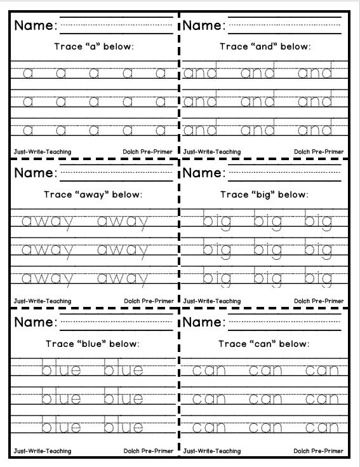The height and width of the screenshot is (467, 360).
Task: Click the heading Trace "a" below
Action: [x=94, y=47]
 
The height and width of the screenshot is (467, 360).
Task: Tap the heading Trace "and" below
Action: [x=265, y=47]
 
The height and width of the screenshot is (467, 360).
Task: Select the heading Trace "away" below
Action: [x=94, y=195]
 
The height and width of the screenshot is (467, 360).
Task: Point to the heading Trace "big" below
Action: [x=265, y=195]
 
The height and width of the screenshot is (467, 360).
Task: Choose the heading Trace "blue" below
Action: [x=94, y=344]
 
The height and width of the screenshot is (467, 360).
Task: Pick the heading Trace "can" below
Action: [x=265, y=344]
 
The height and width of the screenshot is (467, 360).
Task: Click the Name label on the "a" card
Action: [x=36, y=26]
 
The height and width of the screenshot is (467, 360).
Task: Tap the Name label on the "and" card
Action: [x=204, y=26]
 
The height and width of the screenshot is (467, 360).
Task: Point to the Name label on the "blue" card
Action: [x=36, y=322]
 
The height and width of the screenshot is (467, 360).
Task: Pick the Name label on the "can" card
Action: [x=204, y=322]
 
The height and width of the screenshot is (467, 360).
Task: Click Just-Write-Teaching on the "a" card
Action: [x=42, y=152]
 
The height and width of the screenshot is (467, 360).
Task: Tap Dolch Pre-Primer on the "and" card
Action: [x=318, y=152]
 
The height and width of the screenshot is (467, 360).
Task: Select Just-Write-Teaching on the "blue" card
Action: [x=42, y=451]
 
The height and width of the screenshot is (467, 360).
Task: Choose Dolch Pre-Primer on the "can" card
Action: [x=318, y=451]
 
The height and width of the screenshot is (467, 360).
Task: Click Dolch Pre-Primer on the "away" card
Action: [x=149, y=301]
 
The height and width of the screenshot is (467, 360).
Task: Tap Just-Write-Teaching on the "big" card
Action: [x=212, y=301]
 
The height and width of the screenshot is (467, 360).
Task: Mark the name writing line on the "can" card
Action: [x=289, y=322]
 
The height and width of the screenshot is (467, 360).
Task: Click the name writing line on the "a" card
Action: [x=117, y=26]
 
